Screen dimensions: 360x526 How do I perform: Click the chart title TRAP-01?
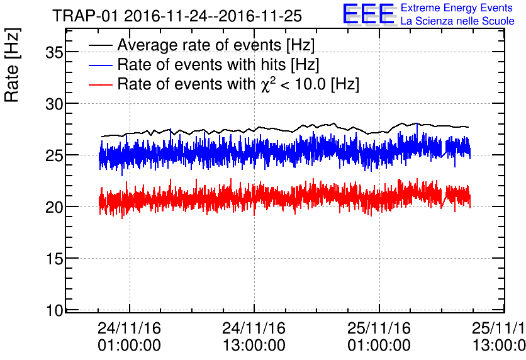177,15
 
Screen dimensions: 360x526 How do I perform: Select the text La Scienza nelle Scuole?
457,21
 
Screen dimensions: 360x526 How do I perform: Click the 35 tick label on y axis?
55,52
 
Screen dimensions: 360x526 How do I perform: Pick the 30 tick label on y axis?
55,104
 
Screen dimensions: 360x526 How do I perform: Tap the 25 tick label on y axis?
55,155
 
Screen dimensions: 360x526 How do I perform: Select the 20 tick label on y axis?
55,207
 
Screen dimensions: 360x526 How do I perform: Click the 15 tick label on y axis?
55,259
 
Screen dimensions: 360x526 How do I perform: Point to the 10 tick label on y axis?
55,310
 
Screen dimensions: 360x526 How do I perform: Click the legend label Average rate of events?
216,45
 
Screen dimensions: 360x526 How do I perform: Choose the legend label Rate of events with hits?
218,64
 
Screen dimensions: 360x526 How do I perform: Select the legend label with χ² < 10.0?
238,84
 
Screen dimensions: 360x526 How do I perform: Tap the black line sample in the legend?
101,45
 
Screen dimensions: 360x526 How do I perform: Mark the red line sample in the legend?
101,84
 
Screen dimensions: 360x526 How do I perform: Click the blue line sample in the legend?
101,65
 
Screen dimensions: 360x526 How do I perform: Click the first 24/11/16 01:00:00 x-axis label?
130,337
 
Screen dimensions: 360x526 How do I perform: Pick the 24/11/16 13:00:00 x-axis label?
254,337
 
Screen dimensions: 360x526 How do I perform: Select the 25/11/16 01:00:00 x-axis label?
379,337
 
